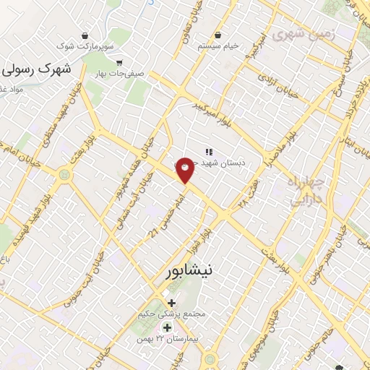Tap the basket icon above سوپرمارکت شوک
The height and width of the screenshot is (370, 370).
pos(86,35)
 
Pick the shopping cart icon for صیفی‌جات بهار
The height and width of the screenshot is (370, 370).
pos(119,62)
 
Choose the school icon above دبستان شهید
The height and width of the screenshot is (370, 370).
pos(208,152)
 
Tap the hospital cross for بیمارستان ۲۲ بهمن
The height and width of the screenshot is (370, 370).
pos(167,327)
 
